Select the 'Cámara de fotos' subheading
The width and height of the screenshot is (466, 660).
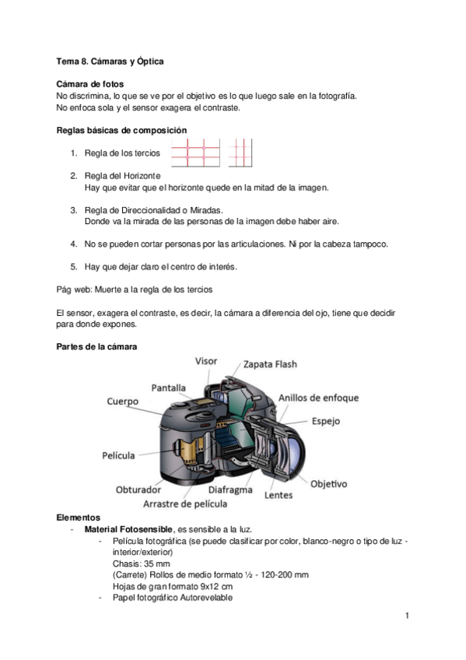(x=90, y=84)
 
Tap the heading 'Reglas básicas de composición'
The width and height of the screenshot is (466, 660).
(x=121, y=130)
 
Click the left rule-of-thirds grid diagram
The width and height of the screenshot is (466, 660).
(x=197, y=153)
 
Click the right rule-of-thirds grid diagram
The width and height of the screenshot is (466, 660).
(x=240, y=153)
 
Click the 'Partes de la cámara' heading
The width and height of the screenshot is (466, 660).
(x=97, y=346)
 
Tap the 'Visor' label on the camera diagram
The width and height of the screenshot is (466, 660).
(x=206, y=361)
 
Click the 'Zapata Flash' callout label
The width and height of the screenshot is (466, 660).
(x=270, y=363)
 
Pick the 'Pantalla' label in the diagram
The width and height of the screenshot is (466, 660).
(x=169, y=387)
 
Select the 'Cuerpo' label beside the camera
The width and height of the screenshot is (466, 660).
(x=123, y=402)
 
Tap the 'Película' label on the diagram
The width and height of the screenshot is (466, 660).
(x=118, y=455)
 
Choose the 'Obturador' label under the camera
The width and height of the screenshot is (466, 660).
(x=138, y=490)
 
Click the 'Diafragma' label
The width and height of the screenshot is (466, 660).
(x=230, y=490)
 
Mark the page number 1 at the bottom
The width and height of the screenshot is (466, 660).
(x=406, y=616)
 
